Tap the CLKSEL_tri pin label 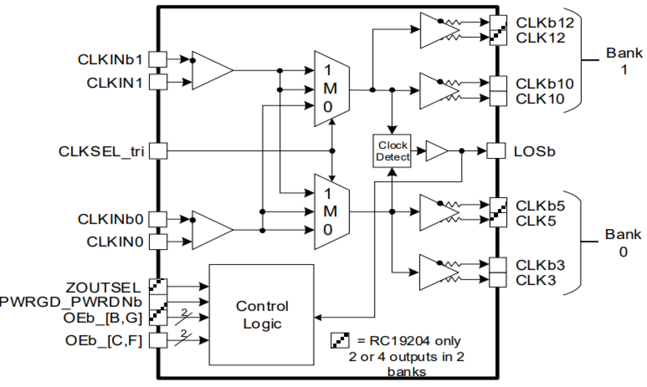pos(101,151)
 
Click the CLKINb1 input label pos(110,60)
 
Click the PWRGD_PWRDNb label pos(72,301)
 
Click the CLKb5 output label pos(540,206)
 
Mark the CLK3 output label pos(536,281)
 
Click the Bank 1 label pos(623,60)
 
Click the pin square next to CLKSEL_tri pos(158,151)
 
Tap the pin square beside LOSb pos(496,151)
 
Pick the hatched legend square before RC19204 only pos(339,341)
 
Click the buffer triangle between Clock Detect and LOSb pos(437,151)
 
